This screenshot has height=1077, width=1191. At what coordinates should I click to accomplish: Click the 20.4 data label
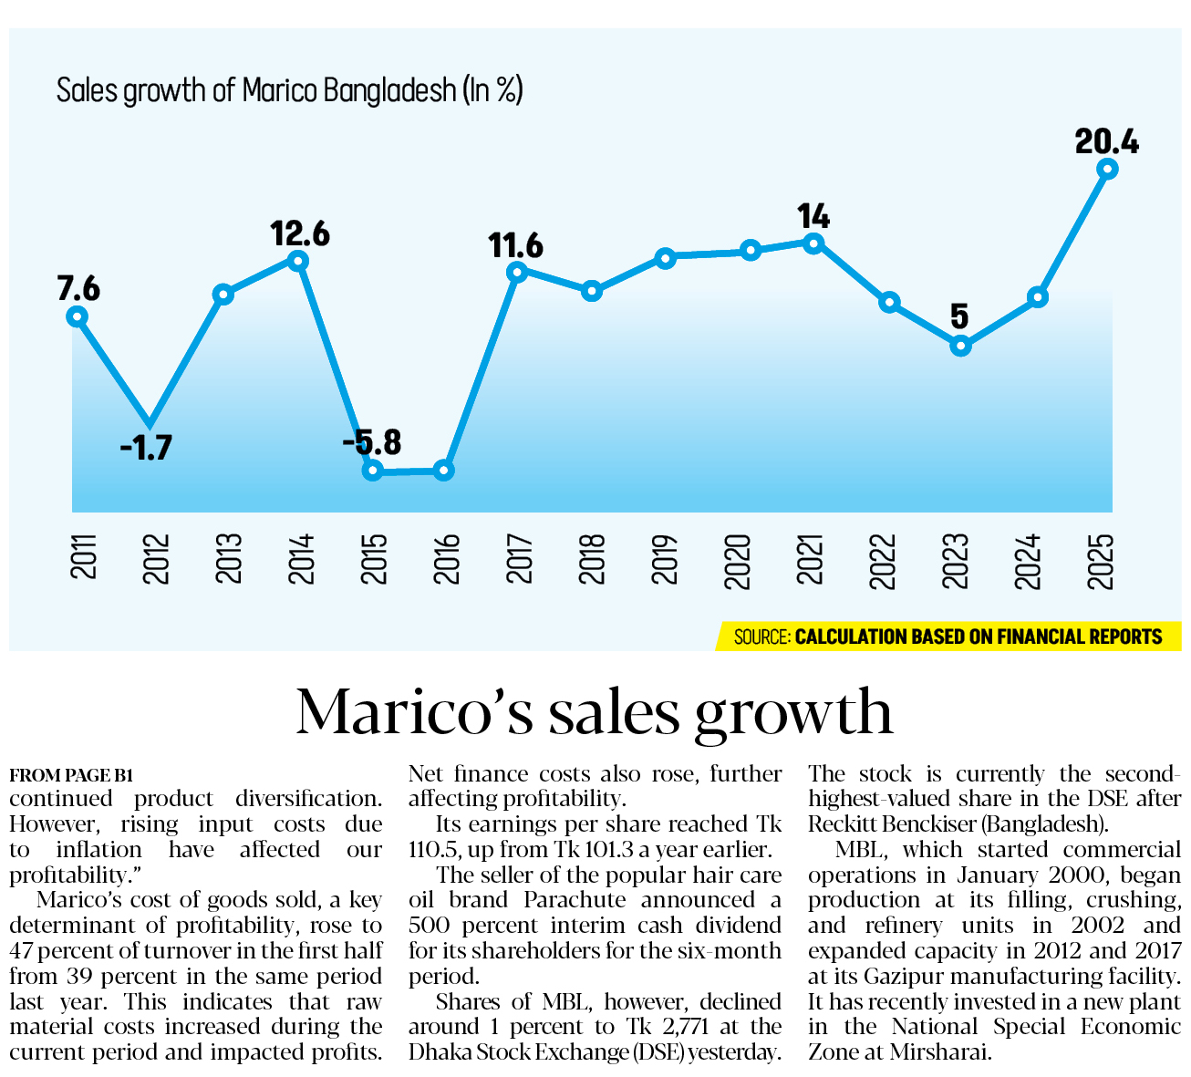pos(1107,142)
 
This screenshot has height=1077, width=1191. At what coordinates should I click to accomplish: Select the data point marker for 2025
pos(1107,170)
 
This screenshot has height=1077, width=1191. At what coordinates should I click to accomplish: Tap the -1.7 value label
pos(146,447)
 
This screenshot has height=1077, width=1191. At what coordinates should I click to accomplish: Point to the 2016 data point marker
pos(443,471)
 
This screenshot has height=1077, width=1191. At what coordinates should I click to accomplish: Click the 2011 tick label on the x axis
pos(82,556)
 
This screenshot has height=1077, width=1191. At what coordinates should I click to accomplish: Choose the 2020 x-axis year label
pos(738,561)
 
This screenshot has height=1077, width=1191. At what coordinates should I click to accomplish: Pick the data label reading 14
pos(813,216)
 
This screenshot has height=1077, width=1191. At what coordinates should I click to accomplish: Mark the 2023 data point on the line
pos(960,346)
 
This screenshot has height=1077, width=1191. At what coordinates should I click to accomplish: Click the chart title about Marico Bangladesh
pos(290,91)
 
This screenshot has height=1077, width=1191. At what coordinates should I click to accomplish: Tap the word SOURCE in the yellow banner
pos(762,637)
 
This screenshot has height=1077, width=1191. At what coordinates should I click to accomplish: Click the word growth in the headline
pos(793,713)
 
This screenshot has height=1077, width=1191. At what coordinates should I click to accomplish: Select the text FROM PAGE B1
pos(71,775)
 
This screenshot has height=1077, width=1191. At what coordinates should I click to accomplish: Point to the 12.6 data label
pos(300,233)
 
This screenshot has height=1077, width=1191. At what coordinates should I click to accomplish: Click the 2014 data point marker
pos(297,261)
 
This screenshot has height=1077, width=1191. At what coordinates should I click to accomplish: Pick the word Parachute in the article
pos(575,899)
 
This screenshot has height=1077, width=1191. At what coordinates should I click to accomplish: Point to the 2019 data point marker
pos(666,258)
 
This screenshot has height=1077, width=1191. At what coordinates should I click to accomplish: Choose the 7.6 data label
pos(78,288)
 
